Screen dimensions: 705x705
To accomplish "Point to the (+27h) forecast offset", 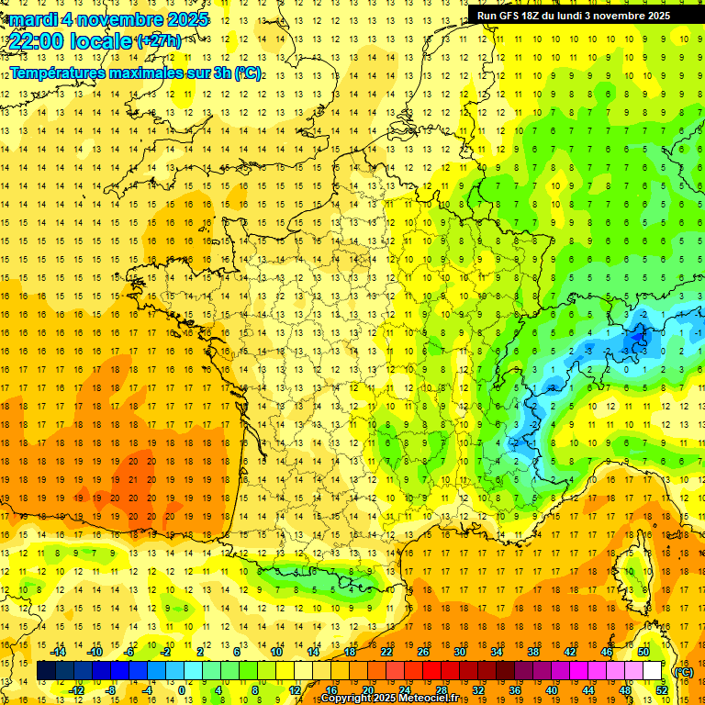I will tap(158, 41).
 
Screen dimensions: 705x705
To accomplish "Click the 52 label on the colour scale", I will tap(662, 689).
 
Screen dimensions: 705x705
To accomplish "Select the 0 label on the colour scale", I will tap(182, 689).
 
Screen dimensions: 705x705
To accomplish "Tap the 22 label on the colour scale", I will tap(386, 652).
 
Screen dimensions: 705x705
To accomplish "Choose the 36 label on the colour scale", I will tap(514, 689).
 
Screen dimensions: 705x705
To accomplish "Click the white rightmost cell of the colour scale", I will tap(652, 671).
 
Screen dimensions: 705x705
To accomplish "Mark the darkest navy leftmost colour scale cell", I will tap(46, 671).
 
